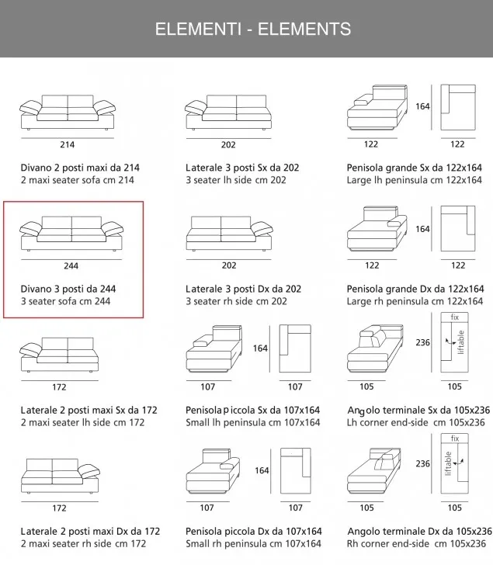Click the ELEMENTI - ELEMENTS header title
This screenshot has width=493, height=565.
pos(253,29)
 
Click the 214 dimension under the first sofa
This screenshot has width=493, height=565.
pos(68,145)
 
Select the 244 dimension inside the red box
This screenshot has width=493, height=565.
pos(71,266)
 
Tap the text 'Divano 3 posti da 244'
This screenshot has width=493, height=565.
pos(68,289)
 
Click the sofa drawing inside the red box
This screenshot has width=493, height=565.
pos(71,234)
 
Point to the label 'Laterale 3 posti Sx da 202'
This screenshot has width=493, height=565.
pos(242,168)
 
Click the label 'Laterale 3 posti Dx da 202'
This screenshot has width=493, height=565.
pos(243,289)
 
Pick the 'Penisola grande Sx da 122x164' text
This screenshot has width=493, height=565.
pos(415,168)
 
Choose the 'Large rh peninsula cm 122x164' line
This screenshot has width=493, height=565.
pos(415,301)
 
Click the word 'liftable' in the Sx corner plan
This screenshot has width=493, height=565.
pos(461,342)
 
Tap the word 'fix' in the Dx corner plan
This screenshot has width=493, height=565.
pos(455,438)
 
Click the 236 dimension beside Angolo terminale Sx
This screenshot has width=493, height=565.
pos(422,342)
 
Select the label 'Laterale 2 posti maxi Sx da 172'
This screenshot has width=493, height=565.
pos(89,410)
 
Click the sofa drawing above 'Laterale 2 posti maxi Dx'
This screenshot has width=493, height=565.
pos(61,476)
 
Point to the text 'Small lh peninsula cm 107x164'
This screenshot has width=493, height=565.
pos(252,422)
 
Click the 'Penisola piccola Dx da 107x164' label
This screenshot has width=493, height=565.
pos(253,532)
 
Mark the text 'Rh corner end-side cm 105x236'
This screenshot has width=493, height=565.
pos(417,544)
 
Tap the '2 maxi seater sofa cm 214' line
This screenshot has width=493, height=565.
pos(77,180)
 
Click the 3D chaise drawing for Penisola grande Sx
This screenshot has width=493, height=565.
pos(377,107)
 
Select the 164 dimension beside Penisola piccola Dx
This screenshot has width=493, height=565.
pos(262,470)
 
